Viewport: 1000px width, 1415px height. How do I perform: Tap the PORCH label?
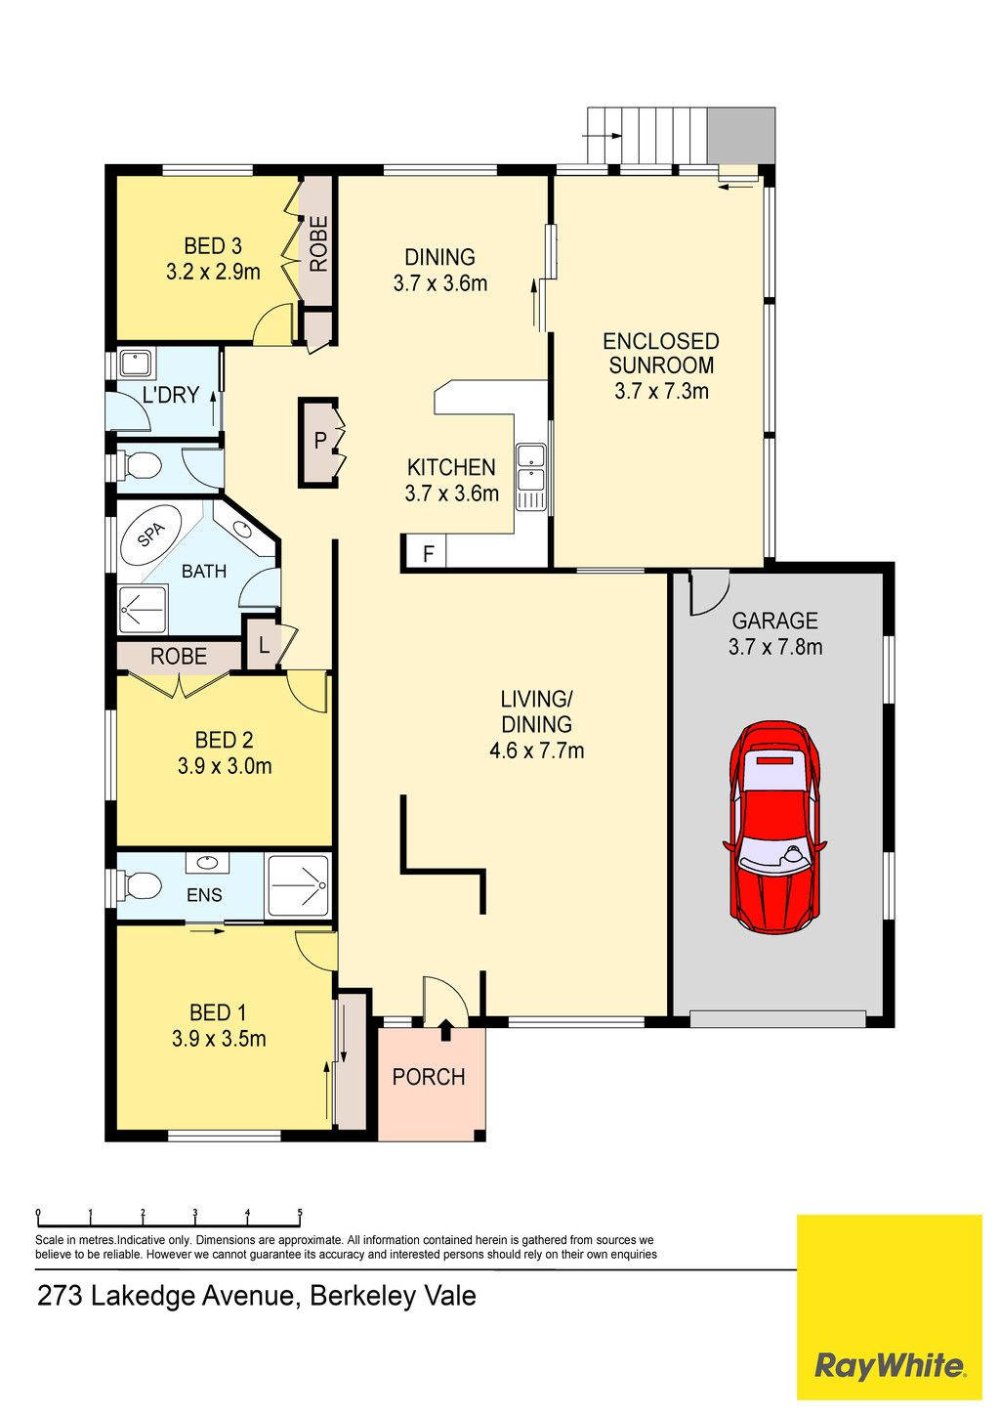(429, 1077)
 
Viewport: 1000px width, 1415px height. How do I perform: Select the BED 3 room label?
(213, 245)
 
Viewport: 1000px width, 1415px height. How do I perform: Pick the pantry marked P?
(320, 442)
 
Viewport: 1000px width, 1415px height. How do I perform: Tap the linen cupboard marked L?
(264, 645)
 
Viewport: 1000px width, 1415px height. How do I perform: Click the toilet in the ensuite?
(141, 885)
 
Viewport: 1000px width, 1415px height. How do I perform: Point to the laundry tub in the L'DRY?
(135, 364)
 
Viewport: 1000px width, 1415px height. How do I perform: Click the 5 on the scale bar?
(300, 1212)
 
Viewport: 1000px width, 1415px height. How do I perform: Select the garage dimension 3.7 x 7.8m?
(775, 647)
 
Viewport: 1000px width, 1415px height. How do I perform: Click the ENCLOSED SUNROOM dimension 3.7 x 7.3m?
(661, 391)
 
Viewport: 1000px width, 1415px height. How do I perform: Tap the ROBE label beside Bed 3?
(318, 244)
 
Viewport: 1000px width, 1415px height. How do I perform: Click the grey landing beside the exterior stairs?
(741, 135)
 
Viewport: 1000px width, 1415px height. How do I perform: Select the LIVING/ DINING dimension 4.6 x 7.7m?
(536, 750)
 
